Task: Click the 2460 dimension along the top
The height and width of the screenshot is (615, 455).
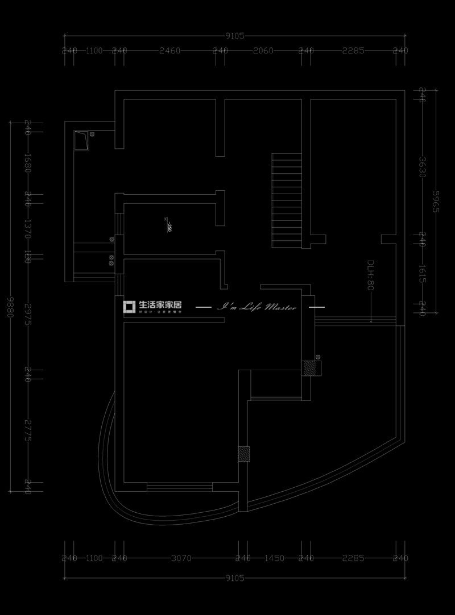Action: point(169,51)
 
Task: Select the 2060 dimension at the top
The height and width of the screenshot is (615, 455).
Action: point(263,51)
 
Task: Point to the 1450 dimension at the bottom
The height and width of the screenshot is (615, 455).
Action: point(274,558)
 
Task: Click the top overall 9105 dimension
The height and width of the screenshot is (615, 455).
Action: point(234,36)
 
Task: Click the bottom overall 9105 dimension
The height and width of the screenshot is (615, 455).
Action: point(234,579)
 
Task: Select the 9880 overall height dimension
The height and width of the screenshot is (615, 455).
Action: point(10,306)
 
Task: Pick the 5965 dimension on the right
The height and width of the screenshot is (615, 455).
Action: point(436,201)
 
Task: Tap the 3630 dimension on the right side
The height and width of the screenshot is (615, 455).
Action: point(422,167)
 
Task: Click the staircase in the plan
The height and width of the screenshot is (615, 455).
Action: point(286,199)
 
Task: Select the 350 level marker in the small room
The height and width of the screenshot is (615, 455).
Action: point(168,228)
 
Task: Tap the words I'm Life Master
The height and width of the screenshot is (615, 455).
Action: point(258,307)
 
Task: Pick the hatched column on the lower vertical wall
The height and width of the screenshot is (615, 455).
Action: point(244,454)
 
